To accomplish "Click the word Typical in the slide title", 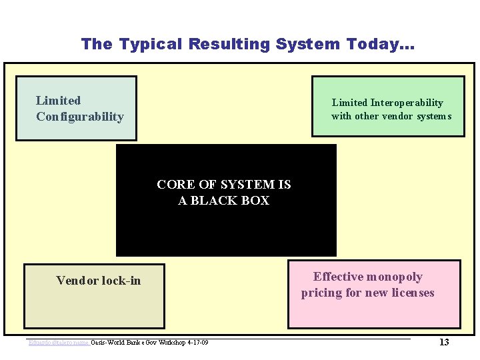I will tap(151, 45).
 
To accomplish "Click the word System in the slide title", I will tap(308, 45).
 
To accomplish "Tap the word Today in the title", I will tap(376, 45).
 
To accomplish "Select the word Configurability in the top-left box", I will tap(80, 117).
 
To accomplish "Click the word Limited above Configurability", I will tap(58, 101).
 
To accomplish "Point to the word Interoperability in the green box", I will tap(407, 103).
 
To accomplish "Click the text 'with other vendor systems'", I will tap(391, 116).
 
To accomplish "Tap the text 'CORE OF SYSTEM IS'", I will tap(224, 185).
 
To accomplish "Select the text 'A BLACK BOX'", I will tap(224, 201).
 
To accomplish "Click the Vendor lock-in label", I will tap(99, 281).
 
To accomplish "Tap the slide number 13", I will tap(444, 342).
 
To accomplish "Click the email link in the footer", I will tap(59, 343).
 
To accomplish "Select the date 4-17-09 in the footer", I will tap(197, 343).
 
